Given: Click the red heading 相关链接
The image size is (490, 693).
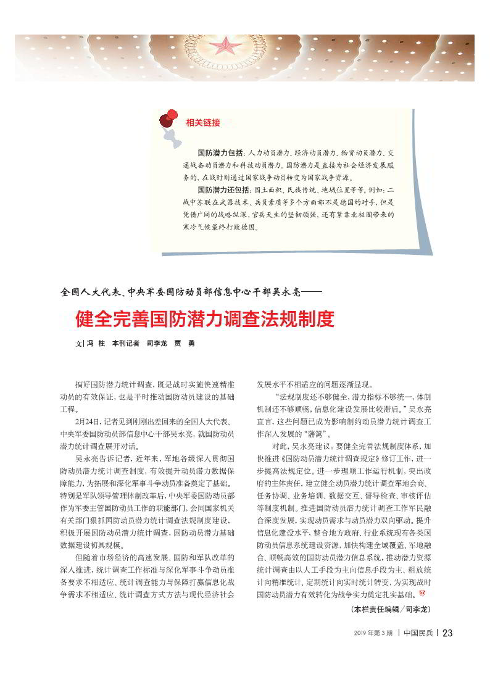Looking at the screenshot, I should (203, 123).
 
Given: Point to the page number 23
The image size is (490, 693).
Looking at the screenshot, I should (448, 633).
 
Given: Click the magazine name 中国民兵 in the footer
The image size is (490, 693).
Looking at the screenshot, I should (418, 633).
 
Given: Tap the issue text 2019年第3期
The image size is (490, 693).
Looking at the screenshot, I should (373, 633).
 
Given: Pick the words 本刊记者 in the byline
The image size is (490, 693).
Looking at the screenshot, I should (125, 343).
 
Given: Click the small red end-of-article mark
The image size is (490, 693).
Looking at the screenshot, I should (422, 594).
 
